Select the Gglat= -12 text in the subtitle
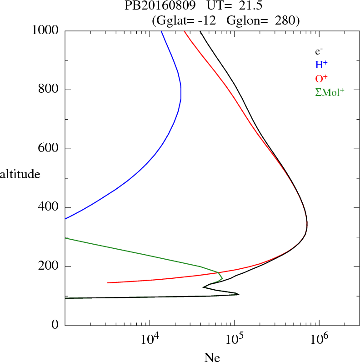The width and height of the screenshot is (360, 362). pyautogui.click(x=184, y=20)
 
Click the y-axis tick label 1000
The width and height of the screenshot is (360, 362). pyautogui.click(x=46, y=30)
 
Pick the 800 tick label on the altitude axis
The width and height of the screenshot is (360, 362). pyautogui.click(x=49, y=90)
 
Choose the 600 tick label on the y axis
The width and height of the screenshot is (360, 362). pyautogui.click(x=49, y=149)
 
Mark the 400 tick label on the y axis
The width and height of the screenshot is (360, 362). pyautogui.click(x=49, y=207)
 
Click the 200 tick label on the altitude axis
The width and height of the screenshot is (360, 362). pyautogui.click(x=49, y=266)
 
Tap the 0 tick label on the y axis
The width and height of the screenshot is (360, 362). pyautogui.click(x=56, y=325)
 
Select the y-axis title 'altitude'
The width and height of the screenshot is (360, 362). pyautogui.click(x=20, y=174)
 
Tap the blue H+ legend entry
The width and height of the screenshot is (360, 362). pyautogui.click(x=321, y=65)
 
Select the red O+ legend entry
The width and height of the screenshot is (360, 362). pyautogui.click(x=321, y=78)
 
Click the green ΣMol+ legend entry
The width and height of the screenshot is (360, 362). pyautogui.click(x=330, y=92)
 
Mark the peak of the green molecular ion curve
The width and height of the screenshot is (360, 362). pyautogui.click(x=222, y=277)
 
